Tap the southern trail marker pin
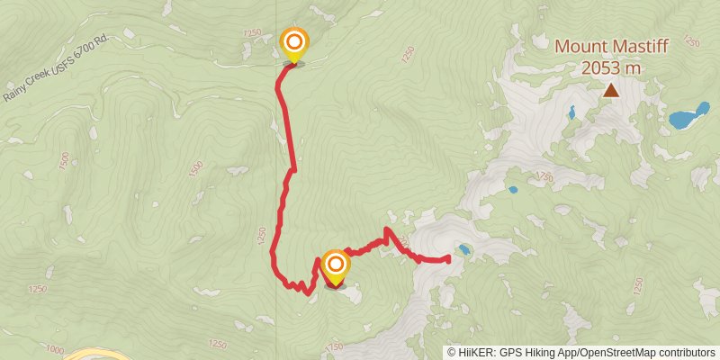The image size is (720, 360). click(335, 265)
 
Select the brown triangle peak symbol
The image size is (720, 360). click(611, 89)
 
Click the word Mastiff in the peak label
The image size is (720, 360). click(635, 46)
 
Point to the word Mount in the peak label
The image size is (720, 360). click(579, 46)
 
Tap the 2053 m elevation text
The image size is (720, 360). click(611, 67)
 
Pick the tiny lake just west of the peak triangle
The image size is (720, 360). click(571, 112)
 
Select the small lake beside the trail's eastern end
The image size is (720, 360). click(463, 249)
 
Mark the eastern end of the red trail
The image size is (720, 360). click(447, 259)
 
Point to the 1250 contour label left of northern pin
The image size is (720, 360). click(251, 33)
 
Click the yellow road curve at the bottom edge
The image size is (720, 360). click(94, 354)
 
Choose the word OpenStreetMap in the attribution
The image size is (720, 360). click(613, 353)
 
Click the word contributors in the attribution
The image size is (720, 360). click(685, 353)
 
